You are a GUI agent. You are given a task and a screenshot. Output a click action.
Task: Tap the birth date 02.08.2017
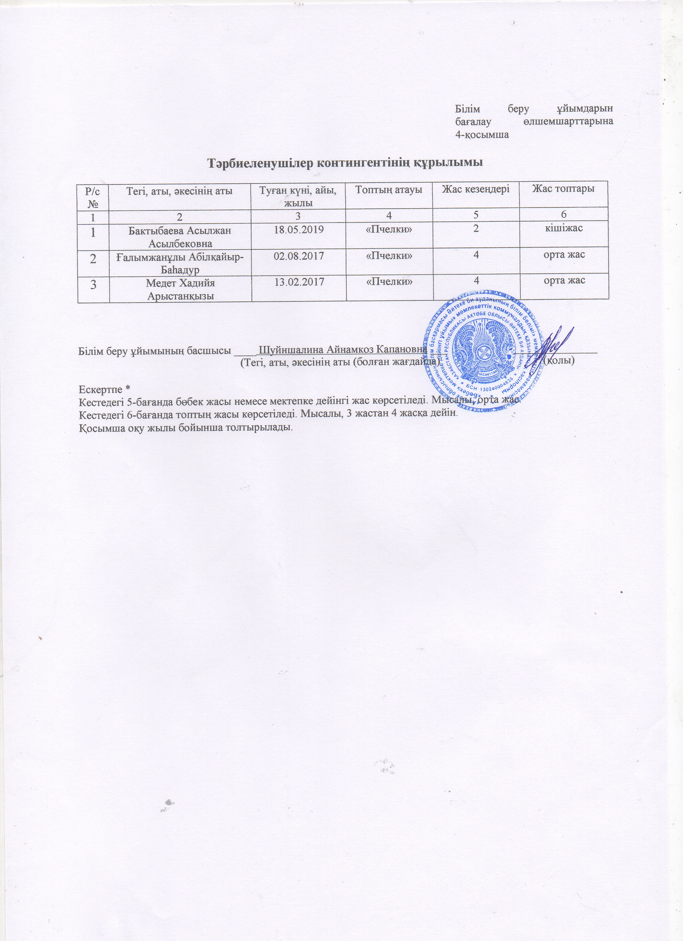point(299,254)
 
